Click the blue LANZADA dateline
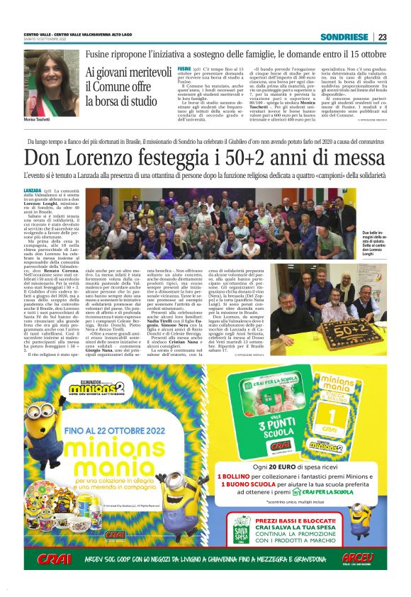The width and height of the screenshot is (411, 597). click(33, 191)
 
